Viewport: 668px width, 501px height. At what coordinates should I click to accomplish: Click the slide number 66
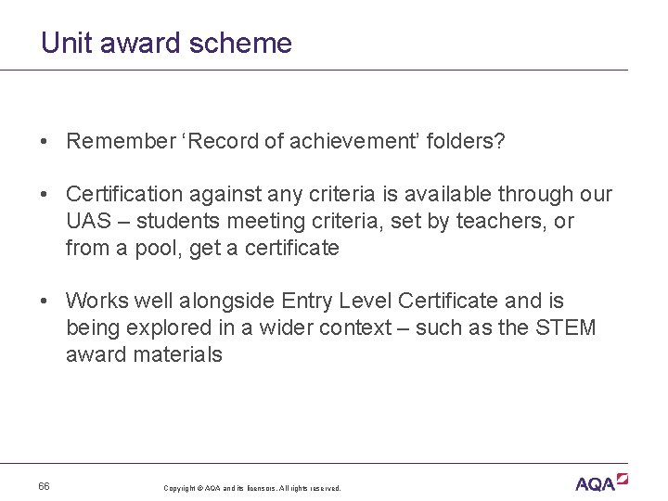coord(45,486)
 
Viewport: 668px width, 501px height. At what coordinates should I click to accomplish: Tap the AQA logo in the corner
coord(601,482)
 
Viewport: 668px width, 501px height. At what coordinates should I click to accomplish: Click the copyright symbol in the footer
coord(200,488)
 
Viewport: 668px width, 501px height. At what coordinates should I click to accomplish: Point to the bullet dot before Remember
coord(45,142)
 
